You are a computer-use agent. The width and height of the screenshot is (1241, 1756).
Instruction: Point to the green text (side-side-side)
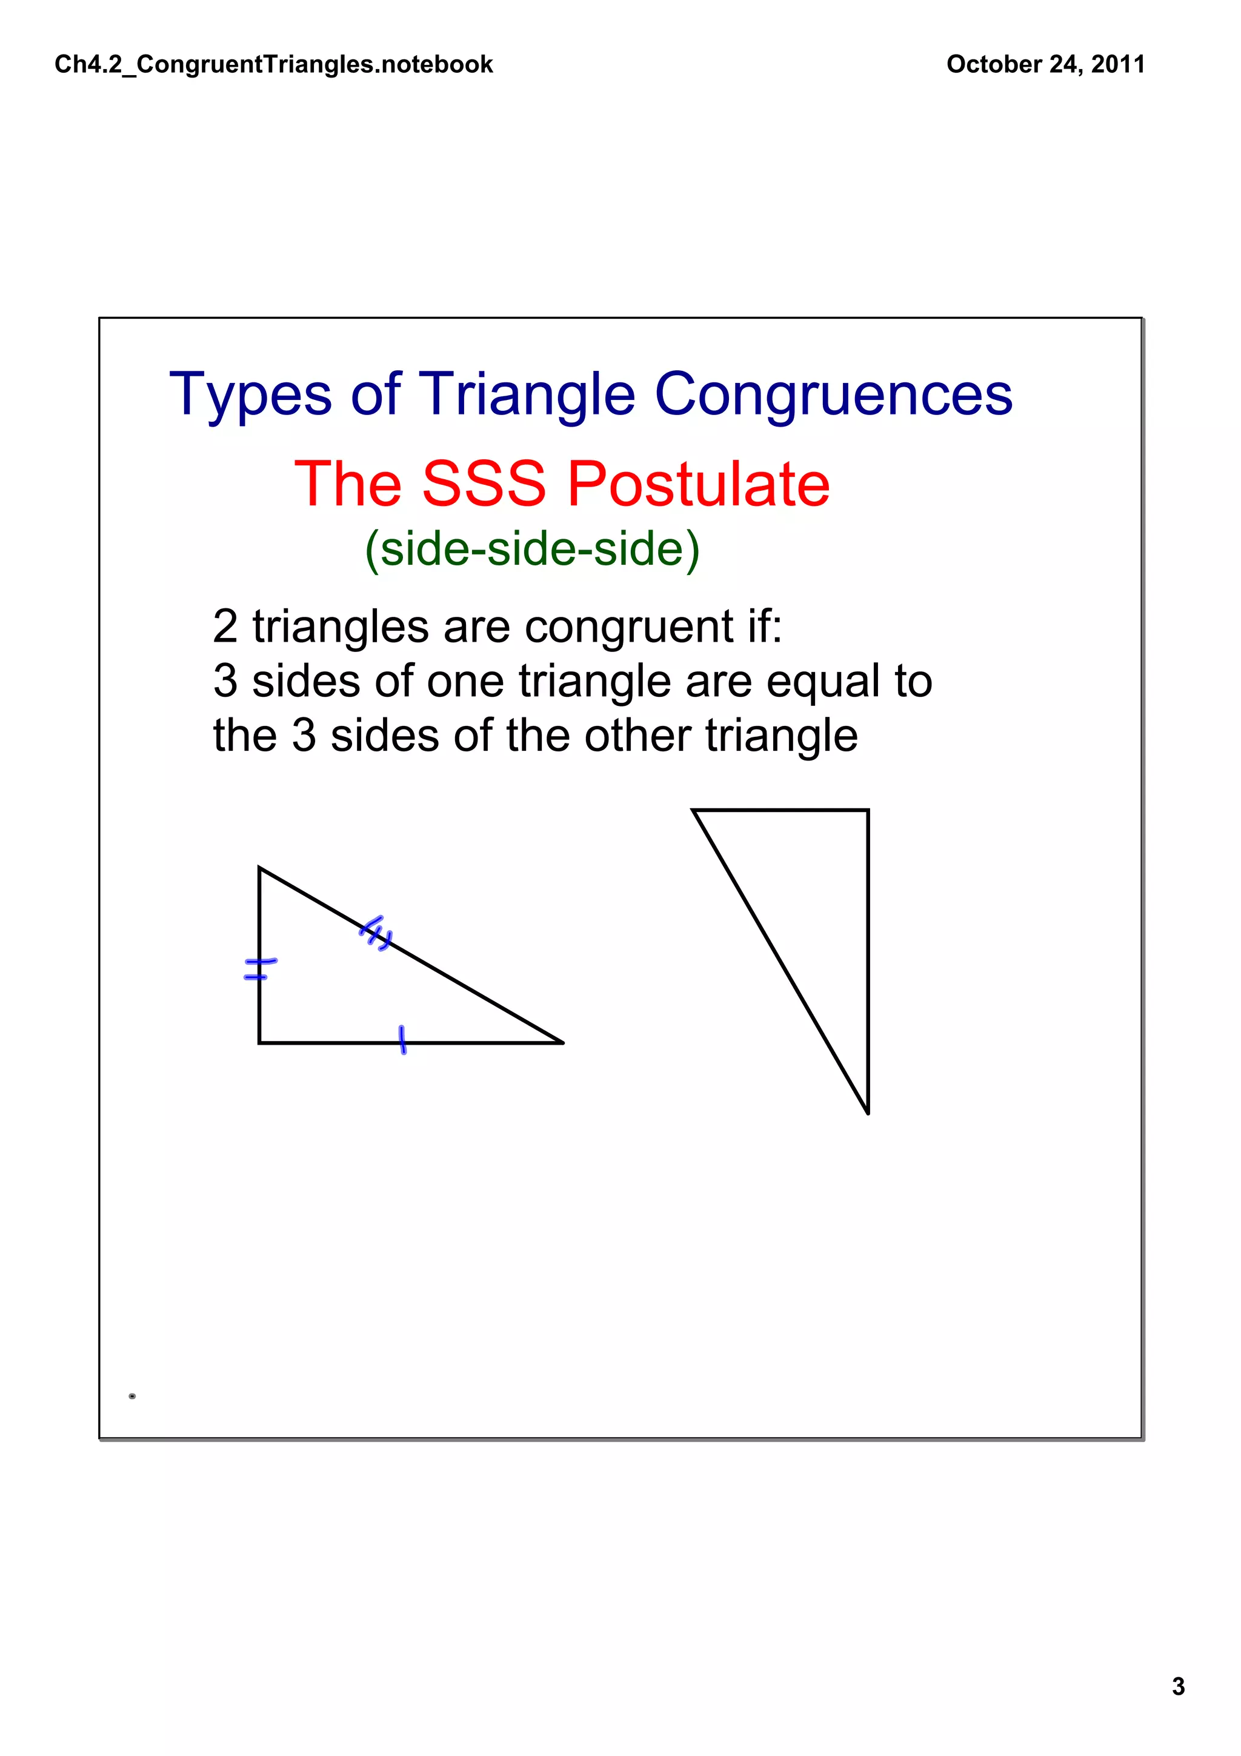click(x=532, y=549)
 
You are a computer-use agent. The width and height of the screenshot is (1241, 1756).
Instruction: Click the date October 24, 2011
click(x=1045, y=64)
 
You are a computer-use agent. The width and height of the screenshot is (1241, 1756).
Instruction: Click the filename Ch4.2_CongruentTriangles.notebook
click(x=274, y=64)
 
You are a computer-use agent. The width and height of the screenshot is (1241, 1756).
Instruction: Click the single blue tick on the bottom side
click(x=402, y=1040)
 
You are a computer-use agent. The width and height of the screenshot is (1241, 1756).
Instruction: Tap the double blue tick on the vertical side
click(x=259, y=969)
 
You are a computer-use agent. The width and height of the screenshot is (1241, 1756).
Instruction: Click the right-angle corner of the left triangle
click(x=260, y=1042)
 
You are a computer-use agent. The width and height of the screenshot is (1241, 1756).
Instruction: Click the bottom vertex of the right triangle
click(x=868, y=1112)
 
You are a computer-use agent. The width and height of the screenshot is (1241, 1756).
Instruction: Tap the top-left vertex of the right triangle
click(x=694, y=810)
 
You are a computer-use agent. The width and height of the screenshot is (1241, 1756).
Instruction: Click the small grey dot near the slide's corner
click(x=132, y=1396)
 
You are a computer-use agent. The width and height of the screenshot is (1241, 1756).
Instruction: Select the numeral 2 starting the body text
click(x=225, y=627)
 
